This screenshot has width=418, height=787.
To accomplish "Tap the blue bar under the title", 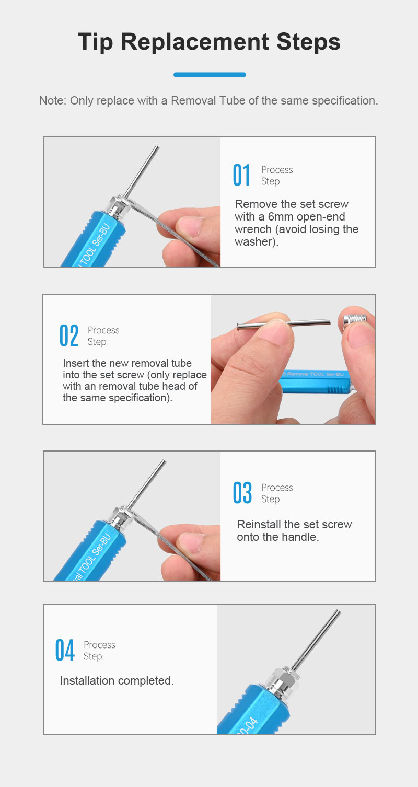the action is [x=210, y=75].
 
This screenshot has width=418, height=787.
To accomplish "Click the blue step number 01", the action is [x=241, y=175].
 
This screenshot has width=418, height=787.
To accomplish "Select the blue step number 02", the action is [x=68, y=335].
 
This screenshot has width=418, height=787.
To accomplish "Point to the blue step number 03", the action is [x=242, y=493].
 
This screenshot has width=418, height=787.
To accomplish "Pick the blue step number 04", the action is [x=65, y=650].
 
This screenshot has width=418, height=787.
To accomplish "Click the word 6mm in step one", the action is [x=280, y=216].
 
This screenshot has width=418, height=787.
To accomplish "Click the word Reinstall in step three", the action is [x=259, y=524].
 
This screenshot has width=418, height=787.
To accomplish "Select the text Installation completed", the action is [x=117, y=680].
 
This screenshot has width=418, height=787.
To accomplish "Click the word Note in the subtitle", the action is [x=51, y=100].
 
